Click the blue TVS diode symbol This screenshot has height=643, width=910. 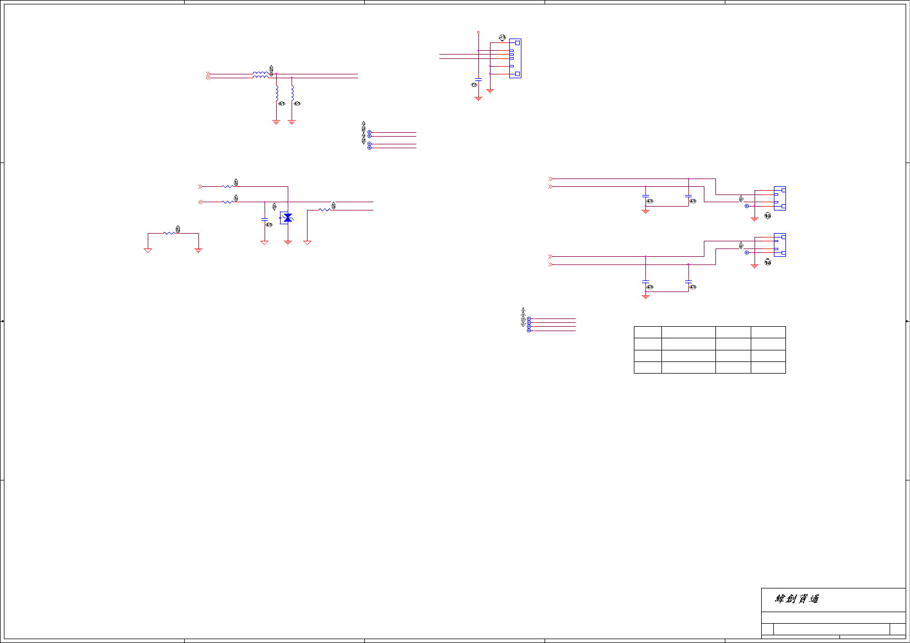pyautogui.click(x=287, y=218)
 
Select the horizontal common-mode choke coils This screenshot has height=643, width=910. pyautogui.click(x=261, y=75)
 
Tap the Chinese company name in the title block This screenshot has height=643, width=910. pyautogui.click(x=797, y=599)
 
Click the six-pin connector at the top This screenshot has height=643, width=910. pyautogui.click(x=515, y=58)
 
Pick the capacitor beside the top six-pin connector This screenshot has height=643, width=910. pyautogui.click(x=478, y=79)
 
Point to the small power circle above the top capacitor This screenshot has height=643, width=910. pyautogui.click(x=478, y=33)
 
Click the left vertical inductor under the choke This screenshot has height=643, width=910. pyautogui.click(x=277, y=93)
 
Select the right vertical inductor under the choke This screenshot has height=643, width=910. pyautogui.click(x=292, y=93)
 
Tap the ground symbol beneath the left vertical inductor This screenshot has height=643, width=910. pyautogui.click(x=277, y=122)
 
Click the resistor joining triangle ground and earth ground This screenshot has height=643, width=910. pyautogui.click(x=170, y=233)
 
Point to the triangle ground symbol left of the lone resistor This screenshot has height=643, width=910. pyautogui.click(x=148, y=250)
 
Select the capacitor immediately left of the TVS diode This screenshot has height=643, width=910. pyautogui.click(x=265, y=220)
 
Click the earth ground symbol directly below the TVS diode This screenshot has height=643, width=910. pyautogui.click(x=288, y=242)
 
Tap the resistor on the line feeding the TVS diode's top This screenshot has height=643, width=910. pyautogui.click(x=227, y=187)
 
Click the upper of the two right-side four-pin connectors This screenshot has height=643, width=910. pyautogui.click(x=780, y=198)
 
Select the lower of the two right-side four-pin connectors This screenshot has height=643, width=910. pyautogui.click(x=780, y=245)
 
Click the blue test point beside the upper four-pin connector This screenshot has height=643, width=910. pyautogui.click(x=747, y=206)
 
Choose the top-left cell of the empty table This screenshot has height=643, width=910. pyautogui.click(x=648, y=332)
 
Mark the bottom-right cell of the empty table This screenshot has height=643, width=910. pyautogui.click(x=768, y=368)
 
